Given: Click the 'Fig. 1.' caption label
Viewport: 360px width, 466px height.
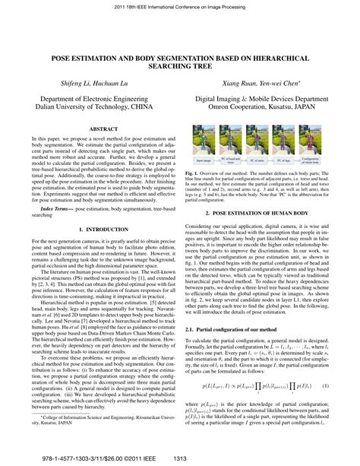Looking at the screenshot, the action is click(x=193, y=173).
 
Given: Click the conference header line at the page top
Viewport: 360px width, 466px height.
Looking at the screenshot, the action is click(x=180, y=5).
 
